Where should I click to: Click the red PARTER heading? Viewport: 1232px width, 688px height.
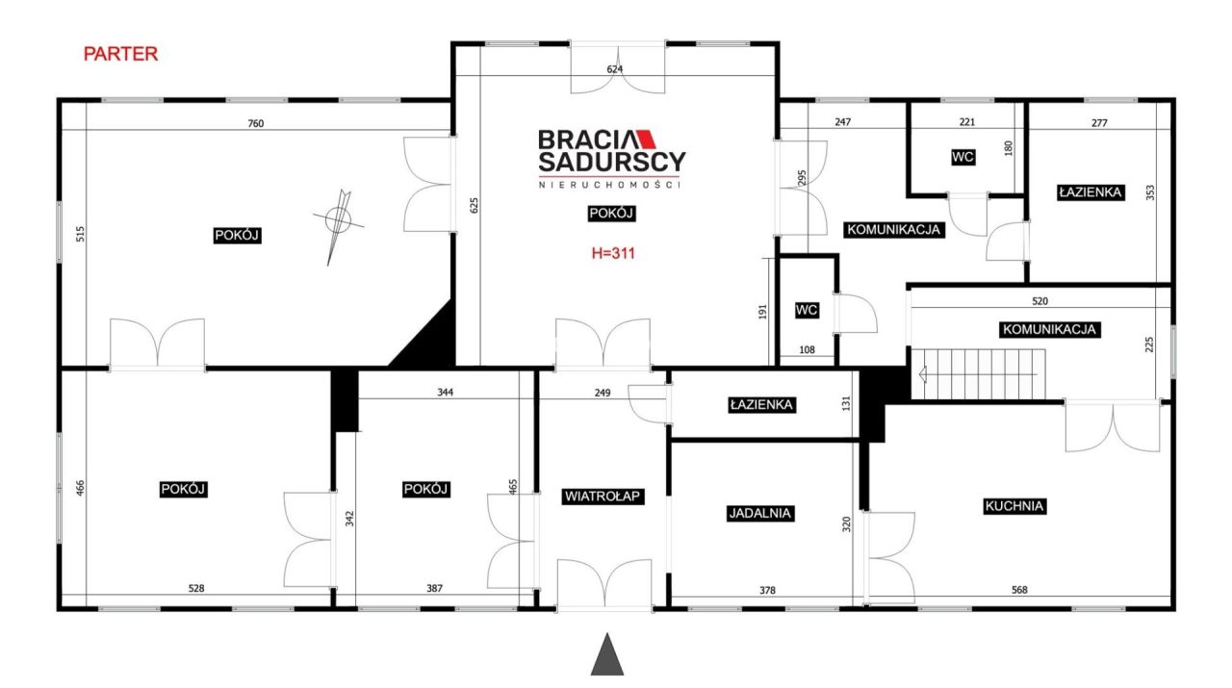tap(120, 54)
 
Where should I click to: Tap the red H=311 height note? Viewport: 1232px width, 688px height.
tap(613, 253)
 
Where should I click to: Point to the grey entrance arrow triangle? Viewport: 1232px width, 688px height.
tap(607, 654)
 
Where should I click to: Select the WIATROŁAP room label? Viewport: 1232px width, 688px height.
tap(603, 497)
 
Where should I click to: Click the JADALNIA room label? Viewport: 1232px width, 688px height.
tap(759, 513)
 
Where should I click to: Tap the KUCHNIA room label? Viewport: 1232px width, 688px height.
tap(1014, 506)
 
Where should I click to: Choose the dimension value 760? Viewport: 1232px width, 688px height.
tap(256, 124)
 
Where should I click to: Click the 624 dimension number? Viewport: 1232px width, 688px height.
tap(614, 69)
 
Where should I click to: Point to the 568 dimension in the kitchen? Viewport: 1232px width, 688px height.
tap(1019, 590)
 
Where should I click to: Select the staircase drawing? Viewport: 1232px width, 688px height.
tap(979, 374)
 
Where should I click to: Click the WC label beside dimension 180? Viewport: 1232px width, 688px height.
tap(962, 157)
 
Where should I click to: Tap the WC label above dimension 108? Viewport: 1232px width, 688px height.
tap(807, 310)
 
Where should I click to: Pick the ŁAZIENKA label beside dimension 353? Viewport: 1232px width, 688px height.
tap(1091, 192)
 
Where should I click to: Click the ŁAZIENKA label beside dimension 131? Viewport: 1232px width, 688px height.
tap(761, 405)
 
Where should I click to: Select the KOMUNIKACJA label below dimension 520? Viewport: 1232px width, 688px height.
tap(1049, 329)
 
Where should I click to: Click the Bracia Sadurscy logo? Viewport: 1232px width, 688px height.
tap(611, 159)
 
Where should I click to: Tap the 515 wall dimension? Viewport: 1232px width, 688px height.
tap(80, 234)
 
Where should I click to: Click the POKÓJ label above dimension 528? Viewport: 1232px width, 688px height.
tap(183, 489)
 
